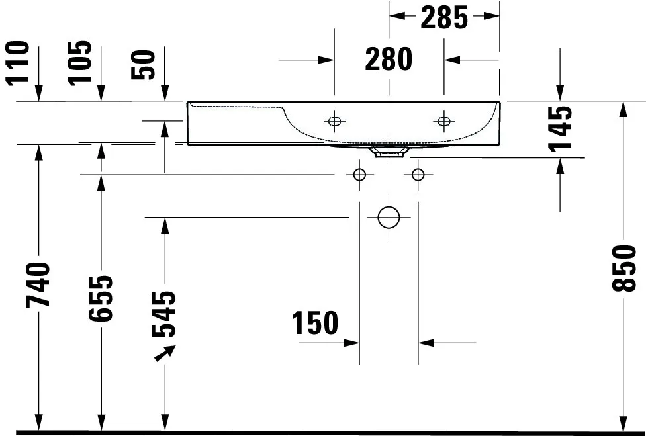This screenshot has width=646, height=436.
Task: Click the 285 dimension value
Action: click(444, 18)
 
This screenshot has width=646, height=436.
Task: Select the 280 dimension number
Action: click(389, 60)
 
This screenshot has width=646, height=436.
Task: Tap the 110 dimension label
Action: click(18, 64)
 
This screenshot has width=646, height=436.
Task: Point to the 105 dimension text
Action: click(80, 63)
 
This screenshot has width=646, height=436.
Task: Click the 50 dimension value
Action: click(143, 65)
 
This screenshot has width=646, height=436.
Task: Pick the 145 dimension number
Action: click(561, 129)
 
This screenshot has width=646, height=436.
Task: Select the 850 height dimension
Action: click(624, 269)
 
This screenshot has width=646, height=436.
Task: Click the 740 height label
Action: click(38, 285)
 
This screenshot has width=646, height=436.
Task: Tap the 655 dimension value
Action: click(101, 298)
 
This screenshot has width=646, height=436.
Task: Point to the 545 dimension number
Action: click(163, 314)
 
